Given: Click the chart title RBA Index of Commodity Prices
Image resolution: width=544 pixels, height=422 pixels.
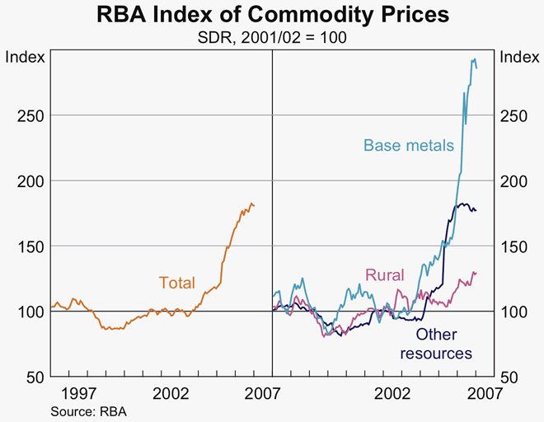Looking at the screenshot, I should point(272,15).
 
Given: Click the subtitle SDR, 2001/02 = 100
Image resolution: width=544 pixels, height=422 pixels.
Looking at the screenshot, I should point(272,37).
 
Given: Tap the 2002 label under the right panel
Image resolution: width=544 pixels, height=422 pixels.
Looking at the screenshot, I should point(392,394).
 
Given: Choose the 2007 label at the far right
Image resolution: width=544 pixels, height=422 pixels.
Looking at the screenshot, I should point(483,394).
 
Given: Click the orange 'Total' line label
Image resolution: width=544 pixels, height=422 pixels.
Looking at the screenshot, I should point(177,283).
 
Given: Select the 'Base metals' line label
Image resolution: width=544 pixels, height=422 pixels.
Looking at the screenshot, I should point(409,146).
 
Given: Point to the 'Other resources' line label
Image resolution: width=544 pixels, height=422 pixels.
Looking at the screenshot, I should point(436,344).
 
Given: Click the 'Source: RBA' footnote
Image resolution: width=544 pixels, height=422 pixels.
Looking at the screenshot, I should point(89,410).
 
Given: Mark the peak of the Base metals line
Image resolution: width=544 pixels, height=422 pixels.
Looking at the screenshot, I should point(474,59).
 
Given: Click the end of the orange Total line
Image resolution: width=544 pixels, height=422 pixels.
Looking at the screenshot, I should point(254,205).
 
